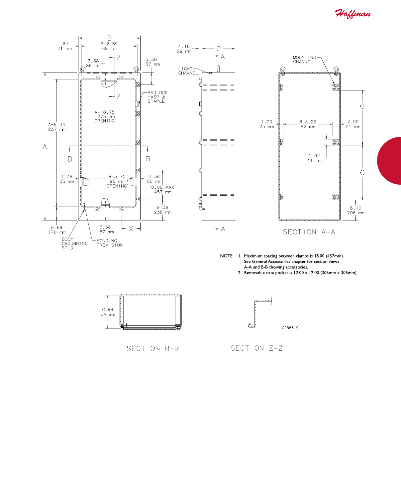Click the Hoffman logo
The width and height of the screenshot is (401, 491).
[352, 14]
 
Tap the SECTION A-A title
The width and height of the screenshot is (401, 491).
[309, 232]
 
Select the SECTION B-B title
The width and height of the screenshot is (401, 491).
[153, 348]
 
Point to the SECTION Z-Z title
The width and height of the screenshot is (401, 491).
[256, 348]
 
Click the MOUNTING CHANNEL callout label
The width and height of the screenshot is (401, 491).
[304, 60]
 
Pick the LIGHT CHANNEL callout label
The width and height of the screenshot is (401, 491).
[188, 71]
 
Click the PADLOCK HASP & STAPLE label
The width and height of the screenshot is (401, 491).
[157, 97]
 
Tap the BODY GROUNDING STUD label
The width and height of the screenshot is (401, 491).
[74, 244]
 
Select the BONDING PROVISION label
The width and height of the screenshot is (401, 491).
[110, 243]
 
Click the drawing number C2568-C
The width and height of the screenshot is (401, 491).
[290, 328]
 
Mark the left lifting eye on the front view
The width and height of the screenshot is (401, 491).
[83, 69]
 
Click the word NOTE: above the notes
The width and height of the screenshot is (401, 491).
[227, 256]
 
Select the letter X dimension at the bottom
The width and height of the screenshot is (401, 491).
[131, 229]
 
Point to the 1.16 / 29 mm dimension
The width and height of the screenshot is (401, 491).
[184, 49]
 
